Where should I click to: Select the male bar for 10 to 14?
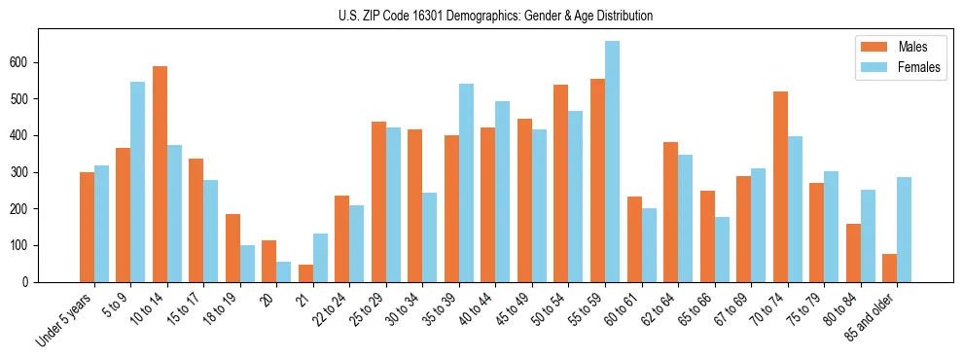click(x=160, y=174)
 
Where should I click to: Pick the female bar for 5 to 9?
click(x=137, y=182)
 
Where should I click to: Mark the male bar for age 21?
click(x=305, y=273)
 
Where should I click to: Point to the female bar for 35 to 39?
click(x=466, y=183)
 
